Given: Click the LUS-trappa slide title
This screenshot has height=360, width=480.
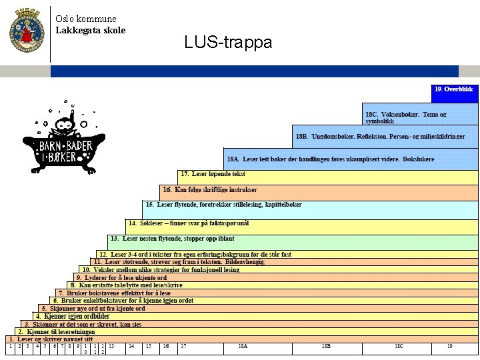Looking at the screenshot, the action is tap(228, 43).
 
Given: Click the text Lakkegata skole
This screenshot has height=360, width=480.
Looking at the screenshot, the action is tap(90, 30).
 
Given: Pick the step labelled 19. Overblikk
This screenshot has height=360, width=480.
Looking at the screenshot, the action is tap(454, 89).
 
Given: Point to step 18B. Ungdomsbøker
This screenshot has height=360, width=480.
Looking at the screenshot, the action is tap(380, 136).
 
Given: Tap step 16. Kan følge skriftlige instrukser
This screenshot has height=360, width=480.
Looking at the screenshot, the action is tap(210, 189).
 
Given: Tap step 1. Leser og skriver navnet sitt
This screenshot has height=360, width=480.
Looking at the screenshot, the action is tap(50, 339).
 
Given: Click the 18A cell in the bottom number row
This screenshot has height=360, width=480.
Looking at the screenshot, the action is tap(243, 347).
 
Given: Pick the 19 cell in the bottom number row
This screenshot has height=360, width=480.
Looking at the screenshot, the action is tap(450, 347).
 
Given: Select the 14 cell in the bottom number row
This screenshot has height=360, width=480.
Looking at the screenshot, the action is tap(131, 347).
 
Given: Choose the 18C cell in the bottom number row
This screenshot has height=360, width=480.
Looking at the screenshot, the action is tap(399, 347).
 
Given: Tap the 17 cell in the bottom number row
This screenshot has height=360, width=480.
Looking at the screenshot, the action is tap(183, 347).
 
